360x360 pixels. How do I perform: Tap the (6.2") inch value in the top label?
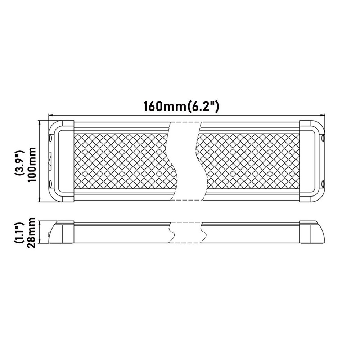point(202,106)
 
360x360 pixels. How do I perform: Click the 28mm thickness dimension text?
point(31,233)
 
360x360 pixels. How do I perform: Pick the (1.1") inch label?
point(19,233)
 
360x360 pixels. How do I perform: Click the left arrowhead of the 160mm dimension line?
point(50,115)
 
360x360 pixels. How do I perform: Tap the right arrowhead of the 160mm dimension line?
point(323,115)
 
